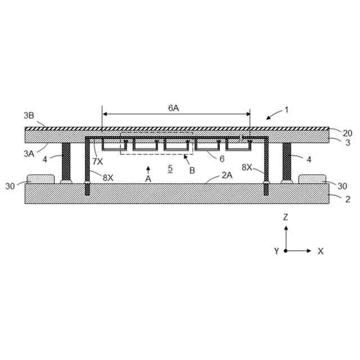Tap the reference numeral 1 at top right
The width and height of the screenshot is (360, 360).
[286, 110]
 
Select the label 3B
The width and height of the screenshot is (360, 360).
[29, 116]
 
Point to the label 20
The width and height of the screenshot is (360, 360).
[347, 133]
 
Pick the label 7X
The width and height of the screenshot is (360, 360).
[98, 161]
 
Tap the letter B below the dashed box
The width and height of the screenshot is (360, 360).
[192, 170]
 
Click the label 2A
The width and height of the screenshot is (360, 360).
[227, 175]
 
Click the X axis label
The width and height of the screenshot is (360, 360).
[321, 251]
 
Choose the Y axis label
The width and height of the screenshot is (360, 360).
[276, 251]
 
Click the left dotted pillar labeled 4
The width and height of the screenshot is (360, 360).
[66, 161]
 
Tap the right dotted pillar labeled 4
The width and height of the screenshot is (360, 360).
[286, 161]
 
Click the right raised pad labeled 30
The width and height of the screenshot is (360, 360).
[313, 179]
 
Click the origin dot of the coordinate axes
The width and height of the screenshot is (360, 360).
[286, 251]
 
